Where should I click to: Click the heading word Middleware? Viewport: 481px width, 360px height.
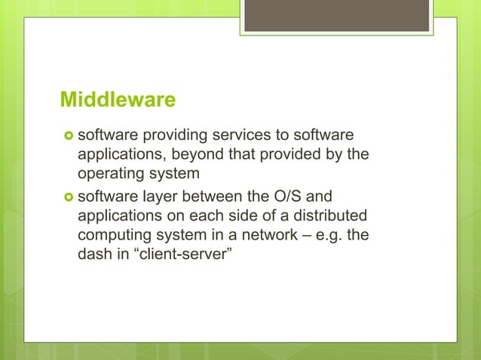click(118, 100)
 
